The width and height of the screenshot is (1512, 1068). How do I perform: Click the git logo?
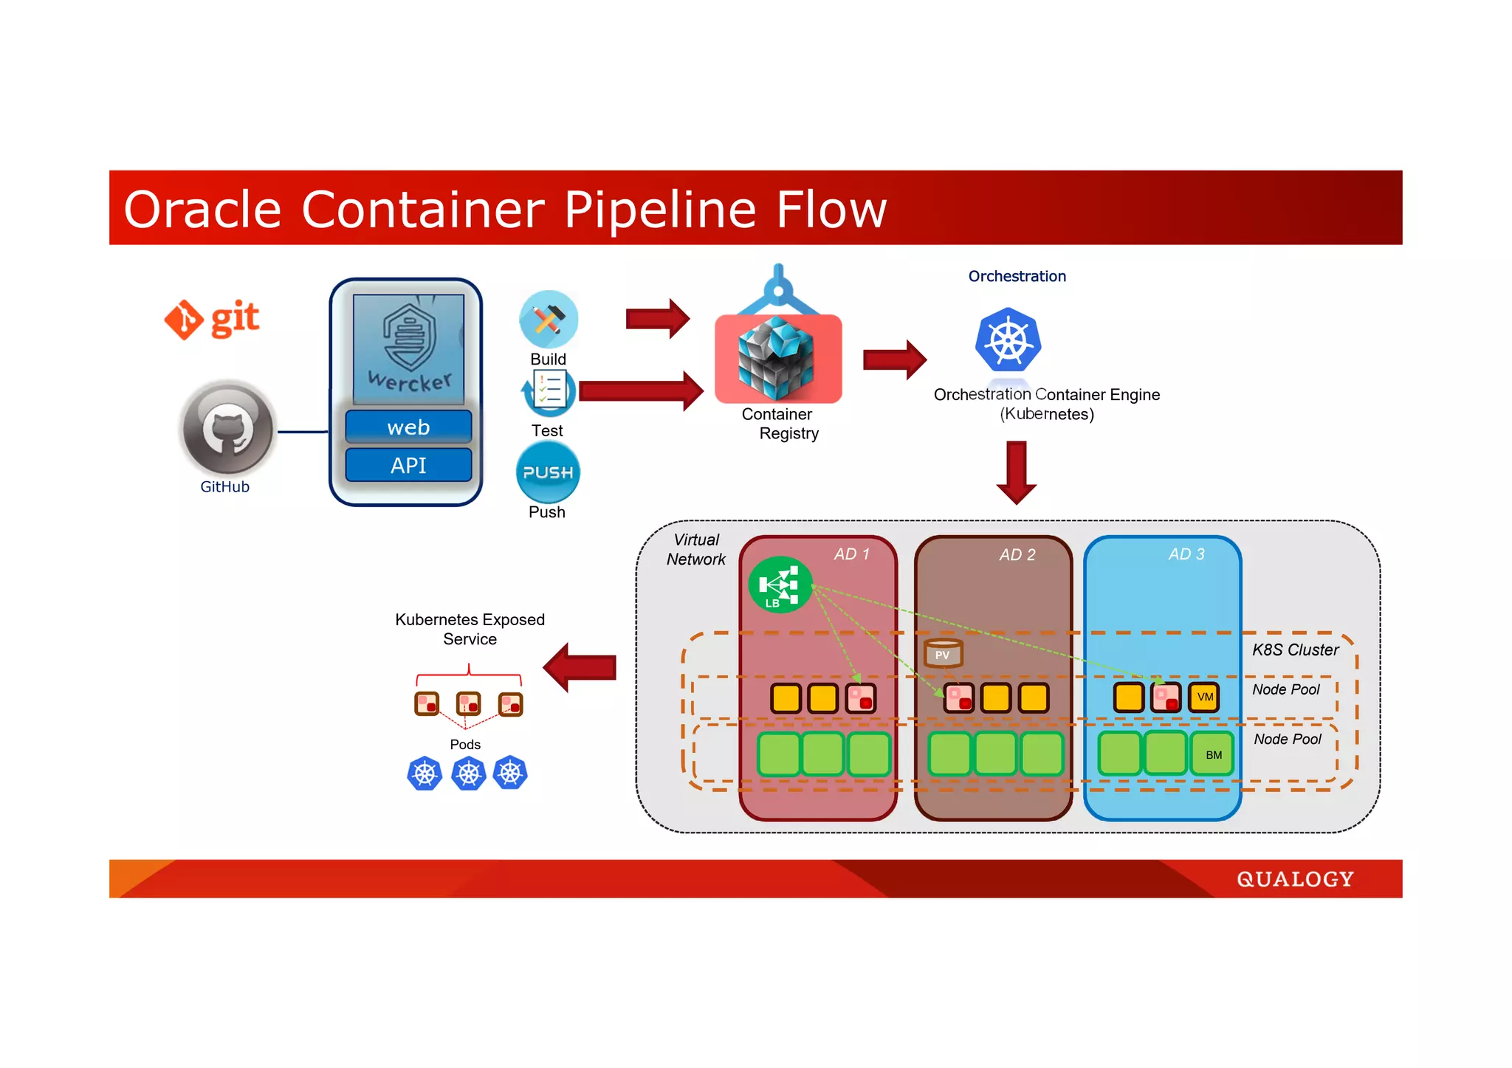pos(212,319)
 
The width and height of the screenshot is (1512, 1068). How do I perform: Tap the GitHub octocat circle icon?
pos(228,429)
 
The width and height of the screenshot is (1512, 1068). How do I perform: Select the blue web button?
pos(408,427)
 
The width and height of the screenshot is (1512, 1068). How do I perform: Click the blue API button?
pos(408,466)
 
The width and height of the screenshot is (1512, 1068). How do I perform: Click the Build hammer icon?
pos(548,319)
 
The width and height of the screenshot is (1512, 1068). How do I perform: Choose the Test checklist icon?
pos(549,390)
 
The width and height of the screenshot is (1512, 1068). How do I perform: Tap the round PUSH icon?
pos(548,472)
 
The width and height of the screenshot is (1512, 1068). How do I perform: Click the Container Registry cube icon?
pos(777,357)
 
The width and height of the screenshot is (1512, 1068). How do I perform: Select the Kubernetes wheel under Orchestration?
pos(1008,340)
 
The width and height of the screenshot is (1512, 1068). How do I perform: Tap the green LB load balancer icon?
pos(780,585)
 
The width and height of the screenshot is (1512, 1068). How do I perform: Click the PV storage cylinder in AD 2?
pos(943,653)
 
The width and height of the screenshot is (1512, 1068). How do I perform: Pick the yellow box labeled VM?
pos(1205,697)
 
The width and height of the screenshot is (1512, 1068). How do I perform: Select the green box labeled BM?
pos(1214,754)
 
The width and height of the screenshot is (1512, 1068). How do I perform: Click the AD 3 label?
pos(1186,554)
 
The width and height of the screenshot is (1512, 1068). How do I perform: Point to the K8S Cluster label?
pos(1295,650)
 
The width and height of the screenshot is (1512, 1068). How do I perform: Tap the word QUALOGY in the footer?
pos(1295,879)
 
